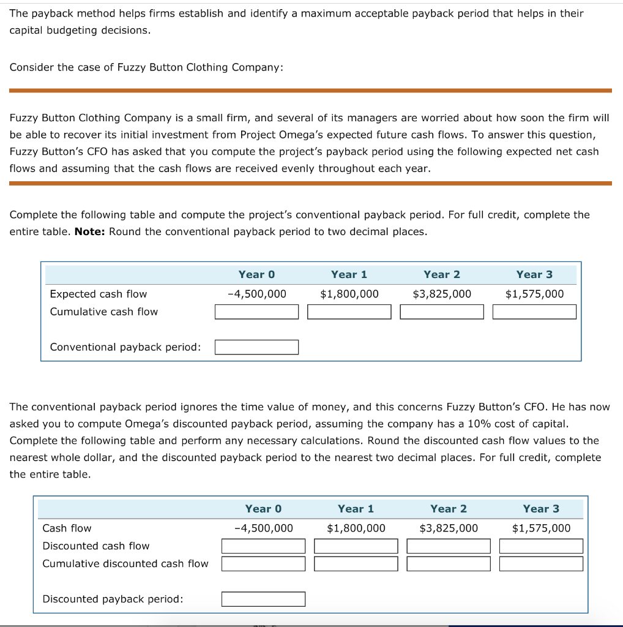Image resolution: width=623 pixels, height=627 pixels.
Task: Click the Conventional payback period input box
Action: (256, 347)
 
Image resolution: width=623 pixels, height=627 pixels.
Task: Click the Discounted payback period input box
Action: (263, 599)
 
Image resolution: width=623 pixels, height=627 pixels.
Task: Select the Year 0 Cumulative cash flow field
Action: (256, 312)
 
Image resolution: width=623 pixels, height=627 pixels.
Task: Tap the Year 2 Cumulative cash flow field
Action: (442, 312)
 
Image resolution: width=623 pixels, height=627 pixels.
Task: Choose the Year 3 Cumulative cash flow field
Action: (534, 312)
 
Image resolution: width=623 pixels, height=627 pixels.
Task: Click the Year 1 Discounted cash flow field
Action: (356, 546)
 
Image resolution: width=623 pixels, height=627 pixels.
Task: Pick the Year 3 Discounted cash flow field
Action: (541, 546)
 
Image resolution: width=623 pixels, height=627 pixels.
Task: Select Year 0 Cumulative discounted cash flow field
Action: (263, 563)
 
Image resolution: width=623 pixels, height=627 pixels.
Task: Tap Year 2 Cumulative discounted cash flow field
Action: (449, 563)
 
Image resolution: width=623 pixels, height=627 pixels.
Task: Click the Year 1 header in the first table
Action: (349, 274)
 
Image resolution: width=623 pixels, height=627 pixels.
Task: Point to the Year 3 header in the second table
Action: (541, 509)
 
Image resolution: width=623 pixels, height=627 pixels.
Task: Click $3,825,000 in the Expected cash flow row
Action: (442, 294)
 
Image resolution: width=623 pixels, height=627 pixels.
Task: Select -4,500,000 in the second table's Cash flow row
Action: (263, 528)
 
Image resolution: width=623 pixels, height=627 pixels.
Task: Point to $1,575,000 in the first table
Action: (534, 294)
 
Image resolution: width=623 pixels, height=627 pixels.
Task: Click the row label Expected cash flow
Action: (98, 294)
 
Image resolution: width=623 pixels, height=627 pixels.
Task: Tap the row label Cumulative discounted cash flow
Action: (125, 563)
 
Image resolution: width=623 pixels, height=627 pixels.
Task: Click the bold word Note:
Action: (90, 232)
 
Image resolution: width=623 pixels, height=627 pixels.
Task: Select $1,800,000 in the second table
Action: (356, 528)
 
